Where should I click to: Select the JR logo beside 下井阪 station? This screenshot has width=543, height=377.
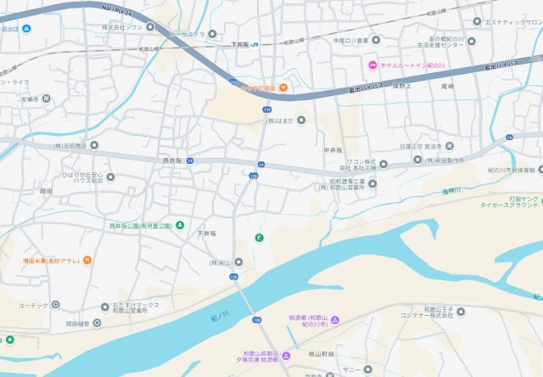coord(254,45)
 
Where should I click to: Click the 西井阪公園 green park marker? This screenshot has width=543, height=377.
coord(179,226)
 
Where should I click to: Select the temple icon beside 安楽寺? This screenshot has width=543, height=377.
coord(46,98)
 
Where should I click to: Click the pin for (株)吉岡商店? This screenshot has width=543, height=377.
coord(94,145)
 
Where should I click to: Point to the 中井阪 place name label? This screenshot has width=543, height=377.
coord(333,150)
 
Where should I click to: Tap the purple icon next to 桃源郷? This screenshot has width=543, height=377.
coord(334,320)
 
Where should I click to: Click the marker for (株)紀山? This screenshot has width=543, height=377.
coord(238,262)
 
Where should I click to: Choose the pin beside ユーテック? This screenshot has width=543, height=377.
coord(56,304)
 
